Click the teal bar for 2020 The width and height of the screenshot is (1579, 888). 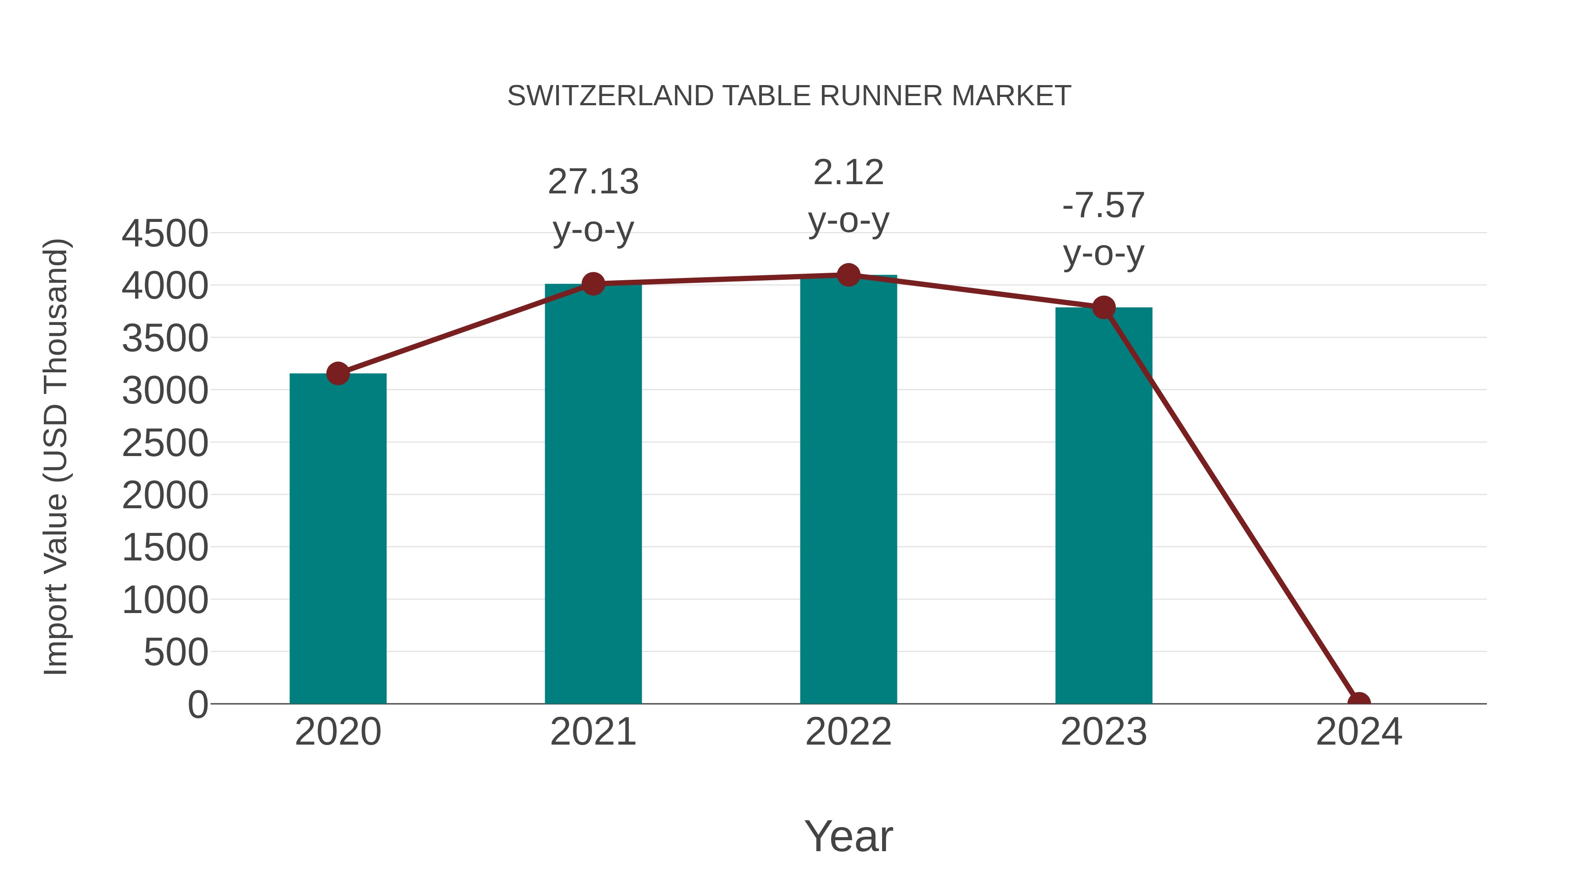(338, 539)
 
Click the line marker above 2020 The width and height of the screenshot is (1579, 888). (338, 373)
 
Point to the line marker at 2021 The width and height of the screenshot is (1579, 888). (593, 284)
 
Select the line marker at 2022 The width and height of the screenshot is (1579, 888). (848, 275)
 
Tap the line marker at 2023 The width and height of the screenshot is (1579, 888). (1104, 308)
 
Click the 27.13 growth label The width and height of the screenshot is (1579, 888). (593, 182)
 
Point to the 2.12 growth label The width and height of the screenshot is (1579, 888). (848, 173)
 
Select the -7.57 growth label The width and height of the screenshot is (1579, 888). (1104, 205)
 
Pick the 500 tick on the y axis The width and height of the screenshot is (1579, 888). (175, 652)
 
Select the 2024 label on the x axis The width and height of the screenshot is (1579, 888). (1359, 732)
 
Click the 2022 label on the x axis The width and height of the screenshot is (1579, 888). (848, 732)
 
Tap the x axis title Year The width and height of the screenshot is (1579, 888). (848, 836)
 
